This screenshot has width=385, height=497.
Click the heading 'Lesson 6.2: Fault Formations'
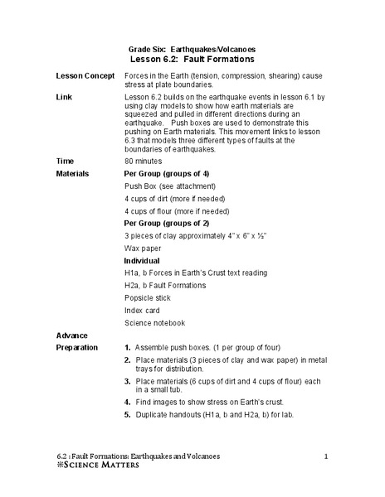192,60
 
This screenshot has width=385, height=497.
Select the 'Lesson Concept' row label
85,75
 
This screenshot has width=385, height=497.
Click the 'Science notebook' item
154,322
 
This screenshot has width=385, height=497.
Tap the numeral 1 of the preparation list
127,348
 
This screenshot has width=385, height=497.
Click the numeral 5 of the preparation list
127,413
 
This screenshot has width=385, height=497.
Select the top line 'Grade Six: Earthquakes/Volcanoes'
193,49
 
